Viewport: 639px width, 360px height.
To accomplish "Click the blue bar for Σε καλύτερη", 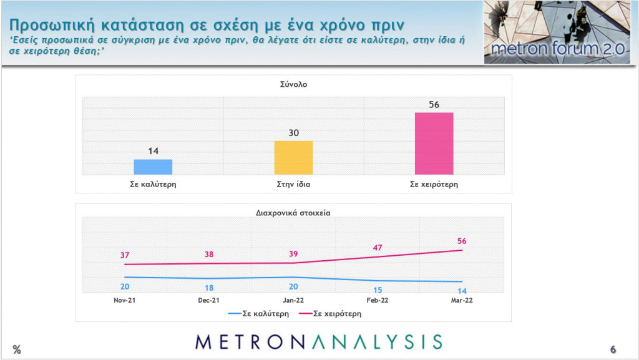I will click(x=153, y=167).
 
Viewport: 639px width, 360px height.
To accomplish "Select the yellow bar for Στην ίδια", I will click(x=293, y=158).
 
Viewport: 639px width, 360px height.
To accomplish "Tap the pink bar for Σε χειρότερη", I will click(x=434, y=144).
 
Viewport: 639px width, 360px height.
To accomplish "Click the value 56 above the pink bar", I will click(x=434, y=104).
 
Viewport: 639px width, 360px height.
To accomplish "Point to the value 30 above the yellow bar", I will click(x=293, y=133).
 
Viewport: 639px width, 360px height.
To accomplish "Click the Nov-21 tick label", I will click(x=125, y=300).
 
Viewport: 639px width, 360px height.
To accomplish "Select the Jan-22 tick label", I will click(x=293, y=300).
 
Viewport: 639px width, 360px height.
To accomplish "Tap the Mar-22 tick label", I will click(x=461, y=300).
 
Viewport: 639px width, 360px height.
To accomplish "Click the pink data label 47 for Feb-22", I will click(x=377, y=248).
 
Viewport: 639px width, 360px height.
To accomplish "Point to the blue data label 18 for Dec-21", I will click(x=208, y=288).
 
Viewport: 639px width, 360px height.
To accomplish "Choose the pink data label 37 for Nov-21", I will click(x=124, y=255).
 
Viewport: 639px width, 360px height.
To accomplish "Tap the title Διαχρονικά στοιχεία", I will click(x=293, y=212).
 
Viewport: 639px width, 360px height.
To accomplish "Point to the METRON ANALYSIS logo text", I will click(x=318, y=341).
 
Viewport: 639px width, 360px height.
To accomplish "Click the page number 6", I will click(x=613, y=349).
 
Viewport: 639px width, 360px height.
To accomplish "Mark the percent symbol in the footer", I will click(x=17, y=350).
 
